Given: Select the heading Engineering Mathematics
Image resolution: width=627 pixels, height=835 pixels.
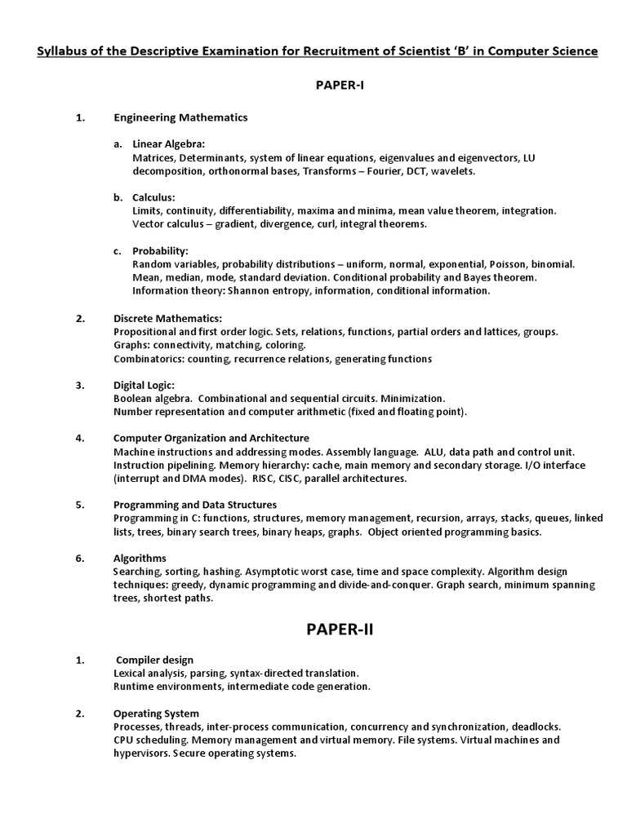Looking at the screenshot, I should (x=180, y=117).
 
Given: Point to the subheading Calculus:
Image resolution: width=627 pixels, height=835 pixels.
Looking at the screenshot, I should (x=153, y=197).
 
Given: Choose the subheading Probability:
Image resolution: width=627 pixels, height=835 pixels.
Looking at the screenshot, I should (x=160, y=250).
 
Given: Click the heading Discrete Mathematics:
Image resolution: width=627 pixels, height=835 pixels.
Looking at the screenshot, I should (x=167, y=318).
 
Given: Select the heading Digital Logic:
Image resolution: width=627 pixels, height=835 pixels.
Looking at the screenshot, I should (x=144, y=385).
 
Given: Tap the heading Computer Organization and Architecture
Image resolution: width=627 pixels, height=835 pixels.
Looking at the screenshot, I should (x=211, y=438).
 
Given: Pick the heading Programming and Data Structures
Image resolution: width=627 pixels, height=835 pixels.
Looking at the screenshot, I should (x=194, y=505).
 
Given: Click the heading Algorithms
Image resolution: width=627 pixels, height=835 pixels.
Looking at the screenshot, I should (x=140, y=559).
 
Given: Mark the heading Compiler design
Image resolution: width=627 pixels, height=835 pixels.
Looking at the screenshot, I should (x=155, y=660).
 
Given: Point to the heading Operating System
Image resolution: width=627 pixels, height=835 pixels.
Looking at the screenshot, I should (x=156, y=714).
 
